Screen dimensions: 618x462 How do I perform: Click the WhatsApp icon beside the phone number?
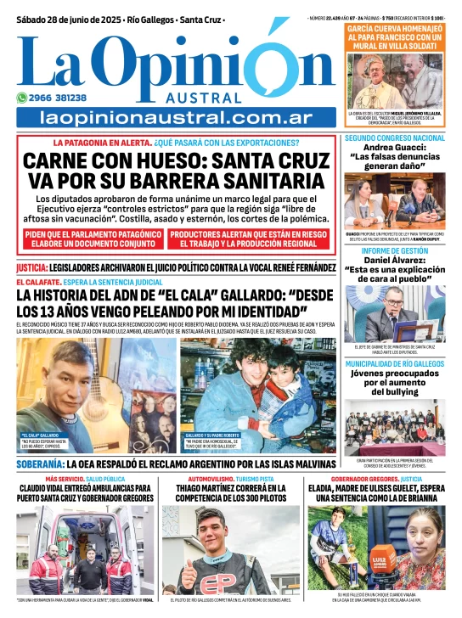click(22, 97)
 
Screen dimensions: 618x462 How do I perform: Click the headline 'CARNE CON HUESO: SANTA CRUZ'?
click(176, 161)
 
